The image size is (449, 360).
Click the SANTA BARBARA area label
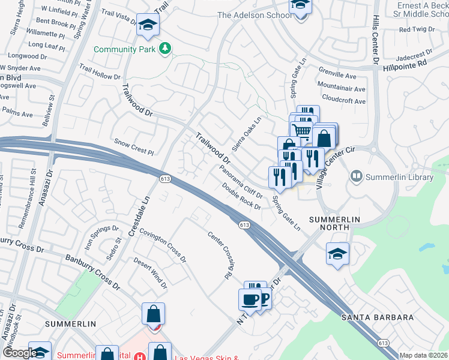coord(378,317)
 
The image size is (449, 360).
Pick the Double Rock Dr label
coord(241,196)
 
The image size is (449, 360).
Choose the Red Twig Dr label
coord(412,29)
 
